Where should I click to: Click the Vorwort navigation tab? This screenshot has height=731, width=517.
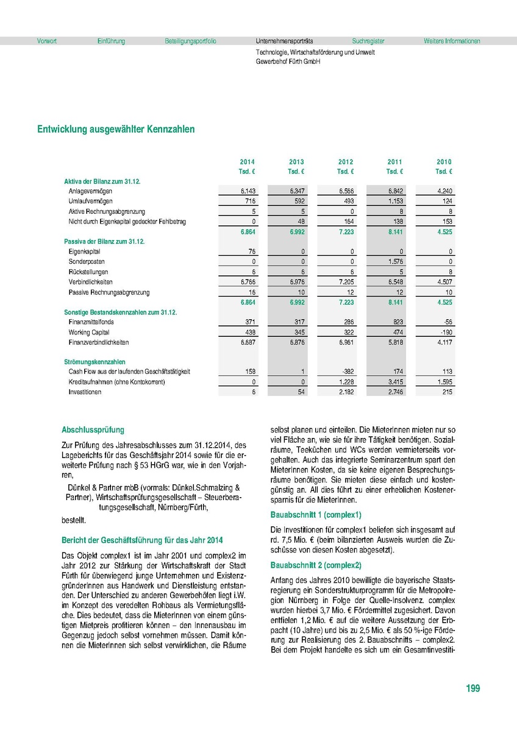pos(47,41)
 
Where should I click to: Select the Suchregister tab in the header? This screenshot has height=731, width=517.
pos(368,41)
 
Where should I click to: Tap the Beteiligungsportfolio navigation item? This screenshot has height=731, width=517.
pos(190,41)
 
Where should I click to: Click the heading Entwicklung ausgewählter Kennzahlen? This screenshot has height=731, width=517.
pos(116,130)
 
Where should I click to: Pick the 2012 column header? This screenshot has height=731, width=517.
pos(346,162)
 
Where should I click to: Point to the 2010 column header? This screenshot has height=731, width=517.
pos(444,162)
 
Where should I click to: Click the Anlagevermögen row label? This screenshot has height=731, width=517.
pos(90,191)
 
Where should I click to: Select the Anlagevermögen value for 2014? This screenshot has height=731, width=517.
pos(248,191)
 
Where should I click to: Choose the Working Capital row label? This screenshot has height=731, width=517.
pos(88,332)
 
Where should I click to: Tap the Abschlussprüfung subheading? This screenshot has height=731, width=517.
pos(93,429)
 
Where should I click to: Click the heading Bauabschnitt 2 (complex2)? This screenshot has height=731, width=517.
pos(316,565)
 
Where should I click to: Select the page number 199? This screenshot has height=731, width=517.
pos(472,688)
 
